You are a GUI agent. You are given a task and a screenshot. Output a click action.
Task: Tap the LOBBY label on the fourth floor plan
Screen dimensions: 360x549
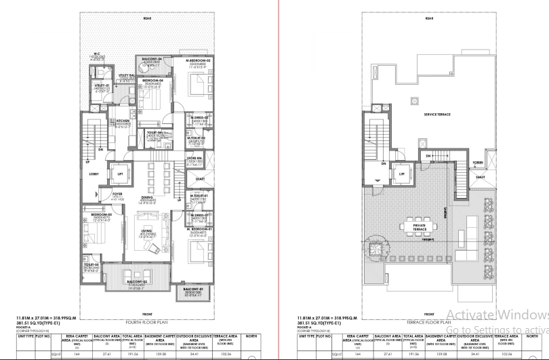94,174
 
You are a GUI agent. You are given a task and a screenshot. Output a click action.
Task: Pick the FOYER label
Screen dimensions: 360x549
117,194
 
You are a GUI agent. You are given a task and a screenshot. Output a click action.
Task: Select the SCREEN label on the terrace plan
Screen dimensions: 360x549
478,163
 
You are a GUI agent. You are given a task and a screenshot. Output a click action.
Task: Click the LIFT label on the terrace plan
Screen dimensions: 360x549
401,174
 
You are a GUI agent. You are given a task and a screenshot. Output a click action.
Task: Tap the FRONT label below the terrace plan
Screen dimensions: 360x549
428,314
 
